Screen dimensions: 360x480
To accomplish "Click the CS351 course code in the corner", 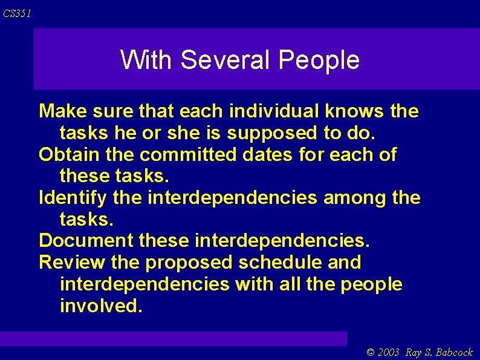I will [x=17, y=13].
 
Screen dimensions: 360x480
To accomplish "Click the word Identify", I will [x=73, y=198].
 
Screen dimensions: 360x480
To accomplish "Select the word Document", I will [x=86, y=241].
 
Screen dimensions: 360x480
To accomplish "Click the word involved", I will [x=101, y=306].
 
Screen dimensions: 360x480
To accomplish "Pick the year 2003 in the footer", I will [x=389, y=352].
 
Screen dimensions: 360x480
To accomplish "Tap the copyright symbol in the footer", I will [x=371, y=352].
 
